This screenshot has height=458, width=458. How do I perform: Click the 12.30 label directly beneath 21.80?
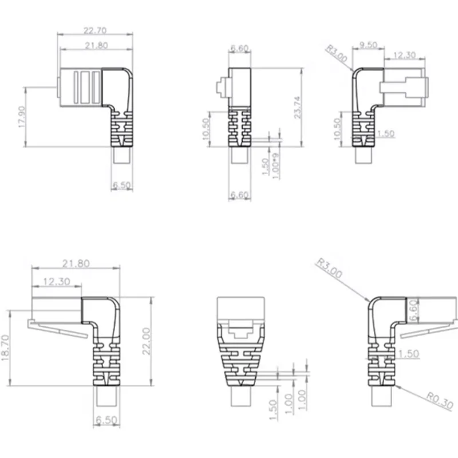pos(57,281)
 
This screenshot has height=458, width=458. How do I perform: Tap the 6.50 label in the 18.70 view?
pos(107,420)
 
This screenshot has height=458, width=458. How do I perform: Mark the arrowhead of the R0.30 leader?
pos(394,385)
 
